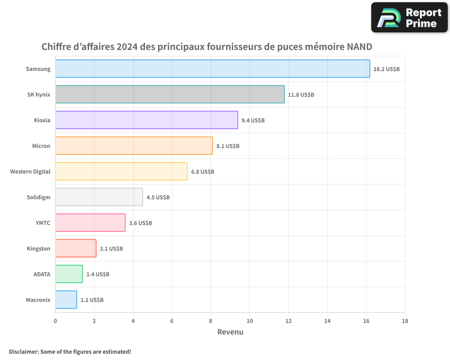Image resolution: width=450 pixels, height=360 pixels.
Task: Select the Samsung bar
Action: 212,69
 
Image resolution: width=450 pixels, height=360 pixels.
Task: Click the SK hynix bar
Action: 170,94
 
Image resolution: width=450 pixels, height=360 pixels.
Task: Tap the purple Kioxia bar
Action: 147,120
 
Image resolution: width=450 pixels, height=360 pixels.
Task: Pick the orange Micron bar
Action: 134,146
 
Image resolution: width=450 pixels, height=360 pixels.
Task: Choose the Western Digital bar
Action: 121,171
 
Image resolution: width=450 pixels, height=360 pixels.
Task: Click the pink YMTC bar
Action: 90,223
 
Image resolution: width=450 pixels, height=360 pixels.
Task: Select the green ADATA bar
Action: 69,274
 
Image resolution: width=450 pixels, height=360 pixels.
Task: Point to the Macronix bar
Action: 66,300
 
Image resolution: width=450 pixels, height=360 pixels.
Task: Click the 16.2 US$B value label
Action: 387,69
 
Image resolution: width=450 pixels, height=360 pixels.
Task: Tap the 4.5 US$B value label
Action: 158,197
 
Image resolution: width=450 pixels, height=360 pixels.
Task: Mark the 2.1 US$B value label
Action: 111,248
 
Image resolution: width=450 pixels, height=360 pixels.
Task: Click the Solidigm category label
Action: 38,197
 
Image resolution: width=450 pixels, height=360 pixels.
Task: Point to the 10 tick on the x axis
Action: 249,321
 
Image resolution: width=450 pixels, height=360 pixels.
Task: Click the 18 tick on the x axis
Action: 405,321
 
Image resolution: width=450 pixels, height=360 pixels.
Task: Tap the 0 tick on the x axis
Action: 55,321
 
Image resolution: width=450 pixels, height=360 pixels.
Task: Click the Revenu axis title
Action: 230,332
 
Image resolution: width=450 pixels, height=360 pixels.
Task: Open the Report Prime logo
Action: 409,18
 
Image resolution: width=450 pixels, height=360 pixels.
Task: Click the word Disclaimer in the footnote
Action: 23,351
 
